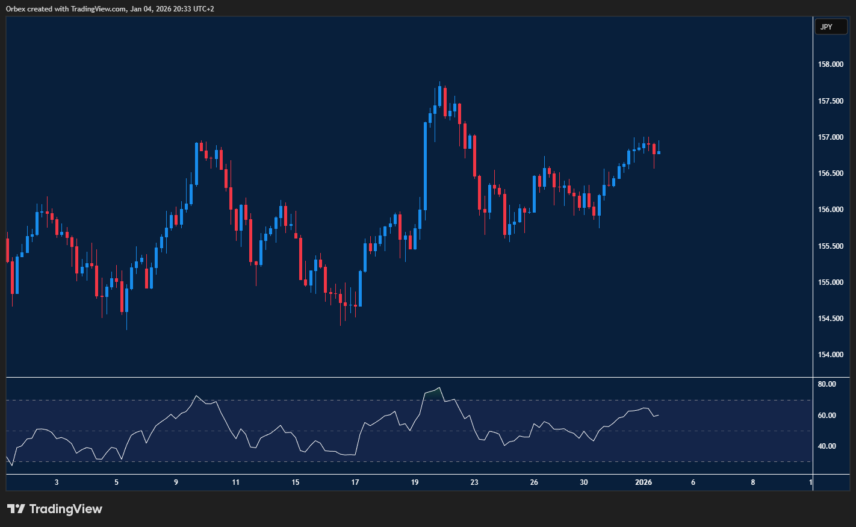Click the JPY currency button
pos(830,27)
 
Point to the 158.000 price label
pos(831,64)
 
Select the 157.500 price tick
pos(831,101)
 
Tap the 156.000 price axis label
pos(831,210)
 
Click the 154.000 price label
pos(831,355)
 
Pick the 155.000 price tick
pos(831,282)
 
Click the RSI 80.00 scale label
pos(827,384)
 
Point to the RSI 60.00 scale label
pos(827,416)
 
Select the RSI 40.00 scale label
pos(827,446)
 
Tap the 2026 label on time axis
pos(644,482)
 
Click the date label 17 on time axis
pos(355,482)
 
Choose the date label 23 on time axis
pos(474,482)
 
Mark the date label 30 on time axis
pos(584,482)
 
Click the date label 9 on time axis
pos(176,482)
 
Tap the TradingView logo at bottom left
pos(54,509)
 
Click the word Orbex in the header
pos(16,9)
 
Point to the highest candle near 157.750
pos(439,95)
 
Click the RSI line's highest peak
pos(439,388)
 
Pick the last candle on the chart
pos(659,152)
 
